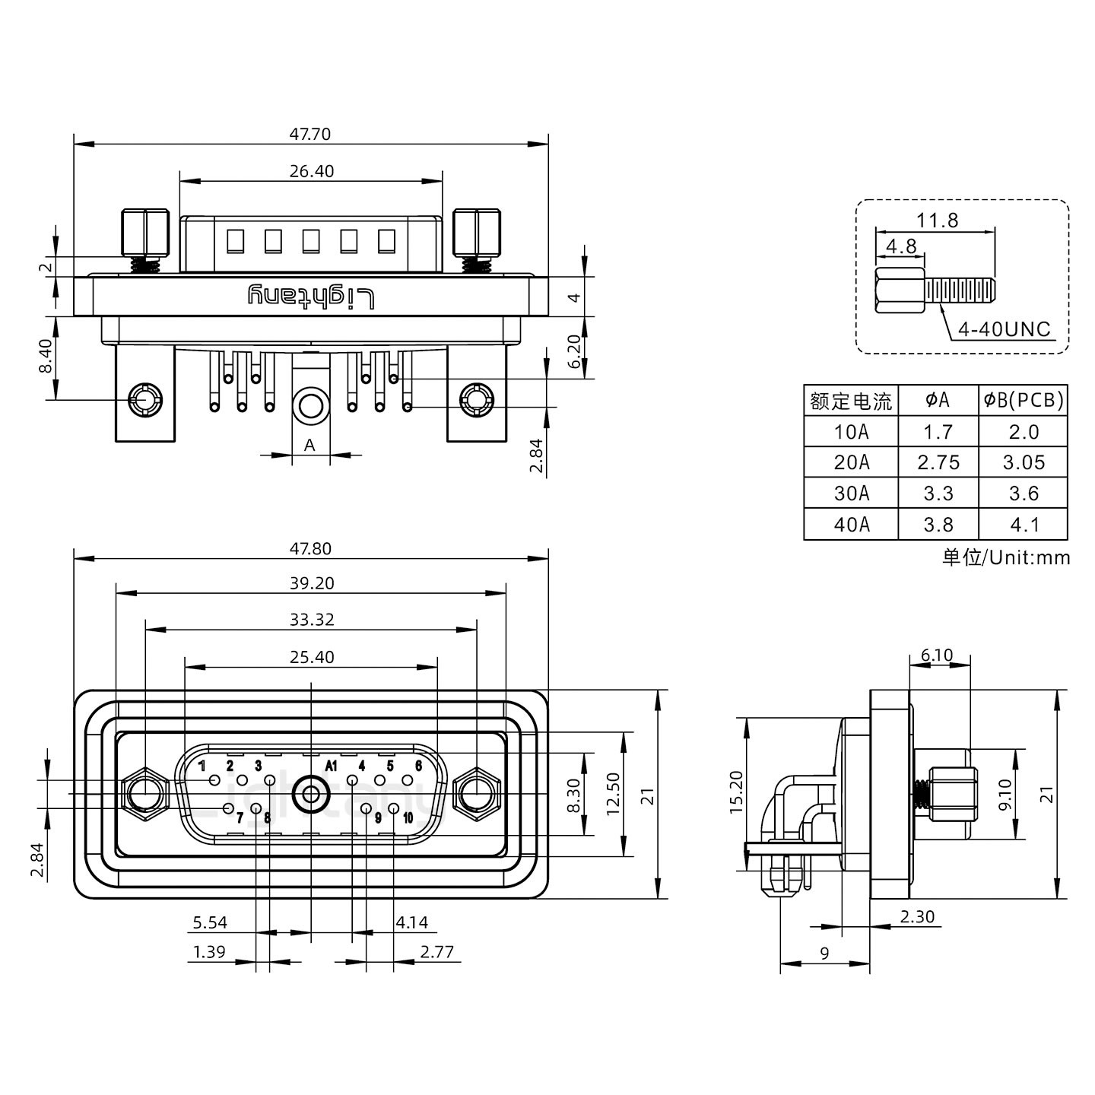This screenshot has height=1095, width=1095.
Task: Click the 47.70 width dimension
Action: pyautogui.click(x=309, y=134)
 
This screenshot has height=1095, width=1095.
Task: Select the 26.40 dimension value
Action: pyautogui.click(x=311, y=171)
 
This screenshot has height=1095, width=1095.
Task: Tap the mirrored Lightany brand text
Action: pyautogui.click(x=311, y=297)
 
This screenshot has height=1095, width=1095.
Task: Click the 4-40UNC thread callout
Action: pyautogui.click(x=1004, y=329)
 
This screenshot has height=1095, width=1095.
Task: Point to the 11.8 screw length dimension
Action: pyautogui.click(x=937, y=221)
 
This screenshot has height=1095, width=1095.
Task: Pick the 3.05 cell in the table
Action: pyautogui.click(x=1023, y=462)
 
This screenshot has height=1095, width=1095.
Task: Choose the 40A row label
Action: pyautogui.click(x=851, y=525)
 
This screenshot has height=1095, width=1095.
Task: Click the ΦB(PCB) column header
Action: pyautogui.click(x=1023, y=400)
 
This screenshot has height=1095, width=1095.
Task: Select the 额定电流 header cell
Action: pyautogui.click(x=851, y=400)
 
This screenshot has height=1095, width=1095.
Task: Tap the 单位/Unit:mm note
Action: pyautogui.click(x=1006, y=557)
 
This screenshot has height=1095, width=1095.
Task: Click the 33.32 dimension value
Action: pyautogui.click(x=311, y=620)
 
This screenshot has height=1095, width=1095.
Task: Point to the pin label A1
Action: pyautogui.click(x=331, y=766)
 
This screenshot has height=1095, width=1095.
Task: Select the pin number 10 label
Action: pyautogui.click(x=408, y=818)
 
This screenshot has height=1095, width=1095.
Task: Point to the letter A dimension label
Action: pyautogui.click(x=309, y=446)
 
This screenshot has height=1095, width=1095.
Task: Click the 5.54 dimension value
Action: pyautogui.click(x=210, y=923)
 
